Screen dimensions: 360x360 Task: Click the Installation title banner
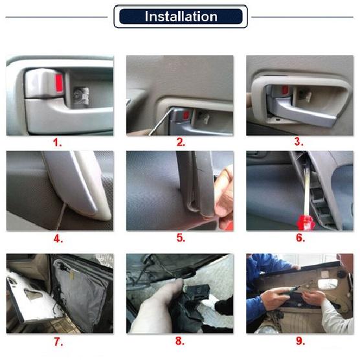pos(181,16)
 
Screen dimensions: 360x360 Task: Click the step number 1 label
pos(58,142)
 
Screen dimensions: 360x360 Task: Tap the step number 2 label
pos(181,142)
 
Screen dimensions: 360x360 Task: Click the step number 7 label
pos(58,341)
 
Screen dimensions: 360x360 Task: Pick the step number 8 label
pos(181,341)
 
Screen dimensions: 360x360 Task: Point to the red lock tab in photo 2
pos(187,116)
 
